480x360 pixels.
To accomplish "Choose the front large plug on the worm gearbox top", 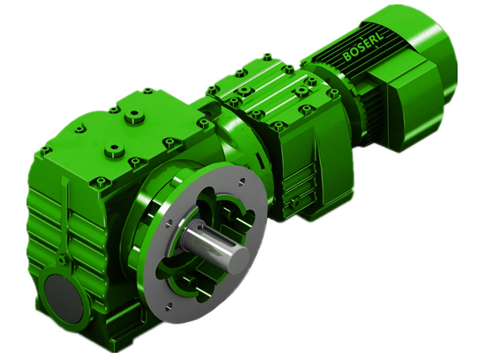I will [x=114, y=149].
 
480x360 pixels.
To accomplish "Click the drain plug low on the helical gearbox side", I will [x=295, y=203].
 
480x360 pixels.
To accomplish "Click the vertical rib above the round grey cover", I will [x=64, y=216].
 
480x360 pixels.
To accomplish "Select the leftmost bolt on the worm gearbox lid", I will [x=45, y=150].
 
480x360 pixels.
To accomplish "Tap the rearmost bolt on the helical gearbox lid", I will [x=267, y=57].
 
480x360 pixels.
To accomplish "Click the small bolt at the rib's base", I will [x=62, y=260].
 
